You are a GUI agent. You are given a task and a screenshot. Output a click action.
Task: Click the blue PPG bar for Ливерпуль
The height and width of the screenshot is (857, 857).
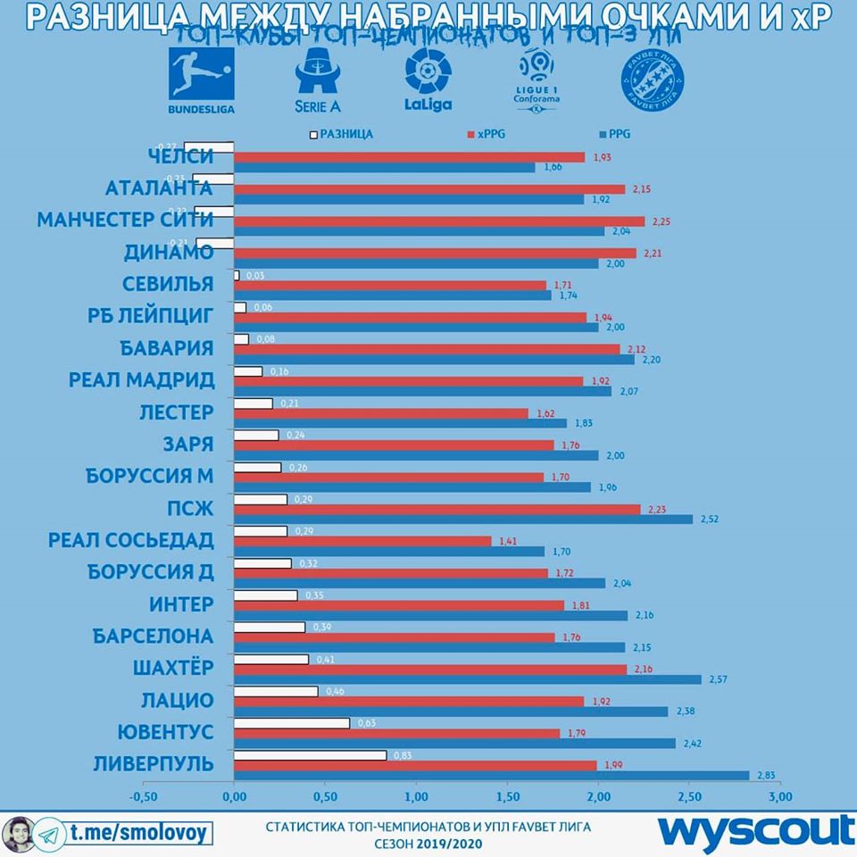(491, 775)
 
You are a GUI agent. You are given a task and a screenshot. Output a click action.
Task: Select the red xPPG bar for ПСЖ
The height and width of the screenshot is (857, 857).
(437, 509)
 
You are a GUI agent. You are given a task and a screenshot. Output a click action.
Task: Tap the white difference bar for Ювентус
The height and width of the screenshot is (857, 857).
(291, 722)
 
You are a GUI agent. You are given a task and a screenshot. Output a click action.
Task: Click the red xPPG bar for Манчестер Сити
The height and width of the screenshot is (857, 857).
(438, 221)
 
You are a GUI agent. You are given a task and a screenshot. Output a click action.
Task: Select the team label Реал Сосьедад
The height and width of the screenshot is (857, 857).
(130, 541)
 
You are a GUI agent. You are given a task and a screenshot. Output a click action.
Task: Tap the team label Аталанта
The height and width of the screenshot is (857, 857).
(158, 188)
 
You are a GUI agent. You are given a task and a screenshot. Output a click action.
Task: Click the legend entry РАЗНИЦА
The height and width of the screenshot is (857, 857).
(341, 134)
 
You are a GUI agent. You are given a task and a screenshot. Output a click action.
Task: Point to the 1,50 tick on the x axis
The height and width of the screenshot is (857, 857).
(507, 796)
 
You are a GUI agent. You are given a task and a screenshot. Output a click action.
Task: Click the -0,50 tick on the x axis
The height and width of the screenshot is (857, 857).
(143, 796)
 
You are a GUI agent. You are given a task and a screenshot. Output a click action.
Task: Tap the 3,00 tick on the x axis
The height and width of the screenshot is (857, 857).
(780, 796)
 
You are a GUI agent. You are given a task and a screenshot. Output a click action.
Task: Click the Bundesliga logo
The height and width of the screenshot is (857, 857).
(201, 80)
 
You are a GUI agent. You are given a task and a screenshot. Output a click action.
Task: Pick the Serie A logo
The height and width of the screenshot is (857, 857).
(315, 80)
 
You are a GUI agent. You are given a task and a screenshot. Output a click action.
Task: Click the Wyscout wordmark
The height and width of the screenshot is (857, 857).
(755, 829)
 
